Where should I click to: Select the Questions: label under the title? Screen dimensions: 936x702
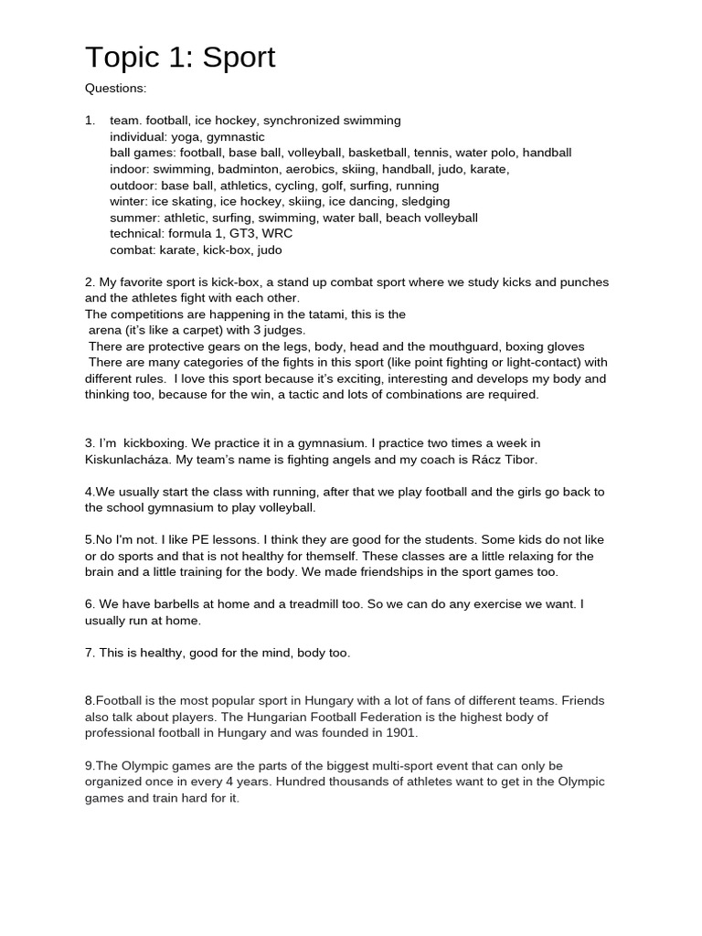[115, 89]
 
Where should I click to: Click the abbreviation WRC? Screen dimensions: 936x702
[277, 234]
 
